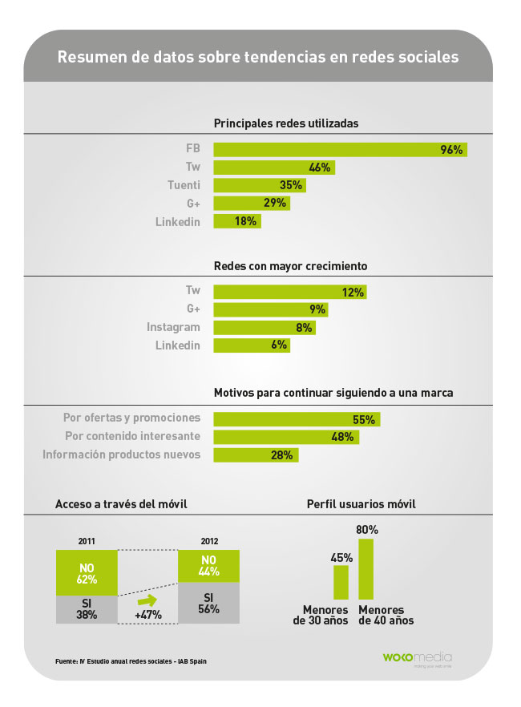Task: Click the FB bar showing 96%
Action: coord(340,150)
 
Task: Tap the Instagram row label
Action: coord(173,327)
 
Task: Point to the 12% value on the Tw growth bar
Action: coord(353,292)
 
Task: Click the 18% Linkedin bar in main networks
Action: coord(237,221)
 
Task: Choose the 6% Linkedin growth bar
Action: coord(252,345)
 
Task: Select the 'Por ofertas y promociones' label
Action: coord(131,418)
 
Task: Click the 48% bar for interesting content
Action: coord(286,437)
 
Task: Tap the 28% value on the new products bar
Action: coord(281,455)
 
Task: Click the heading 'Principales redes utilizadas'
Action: coord(285,123)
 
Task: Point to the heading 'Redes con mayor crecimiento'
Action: coord(290,266)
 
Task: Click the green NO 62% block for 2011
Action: coord(87,572)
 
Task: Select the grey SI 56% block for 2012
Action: coord(208,603)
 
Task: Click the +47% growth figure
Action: coord(147,615)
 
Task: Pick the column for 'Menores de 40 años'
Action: coord(366,569)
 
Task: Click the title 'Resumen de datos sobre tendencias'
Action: coord(257,58)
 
